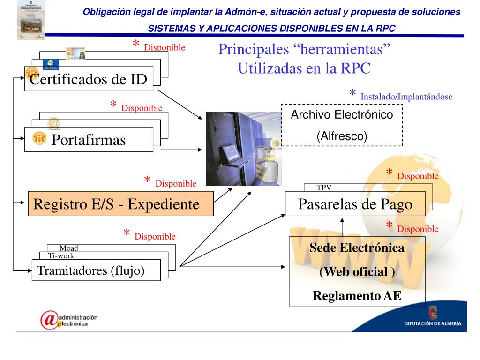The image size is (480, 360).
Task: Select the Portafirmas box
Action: click(89, 140)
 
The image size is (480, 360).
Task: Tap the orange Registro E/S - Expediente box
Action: click(121, 204)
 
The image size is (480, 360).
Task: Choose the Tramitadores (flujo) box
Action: click(96, 270)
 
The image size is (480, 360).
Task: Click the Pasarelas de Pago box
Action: click(355, 204)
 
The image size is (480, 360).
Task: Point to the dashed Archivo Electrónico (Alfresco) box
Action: click(342, 125)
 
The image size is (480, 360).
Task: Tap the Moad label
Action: click(68, 248)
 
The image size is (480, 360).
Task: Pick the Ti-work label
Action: click(61, 255)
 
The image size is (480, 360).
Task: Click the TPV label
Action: click(324, 187)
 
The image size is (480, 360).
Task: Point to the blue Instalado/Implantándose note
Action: click(406, 97)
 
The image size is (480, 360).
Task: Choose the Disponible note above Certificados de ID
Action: click(165, 47)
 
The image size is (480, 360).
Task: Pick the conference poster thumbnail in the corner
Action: click(31, 20)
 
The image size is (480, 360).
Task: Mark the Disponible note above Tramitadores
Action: click(155, 236)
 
